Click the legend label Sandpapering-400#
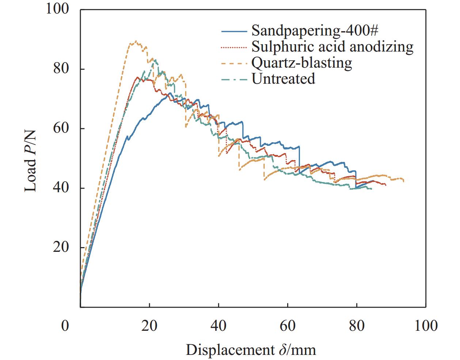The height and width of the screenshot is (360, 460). click(314, 30)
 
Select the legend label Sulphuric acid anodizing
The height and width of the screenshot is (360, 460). click(332, 46)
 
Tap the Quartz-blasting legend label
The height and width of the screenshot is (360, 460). click(301, 62)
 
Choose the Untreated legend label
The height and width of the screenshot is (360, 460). click(283, 78)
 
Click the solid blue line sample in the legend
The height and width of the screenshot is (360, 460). click(234, 31)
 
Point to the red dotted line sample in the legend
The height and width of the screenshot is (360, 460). click(234, 47)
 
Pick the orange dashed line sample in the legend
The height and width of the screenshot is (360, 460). click(234, 63)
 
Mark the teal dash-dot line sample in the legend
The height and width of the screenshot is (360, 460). click(234, 79)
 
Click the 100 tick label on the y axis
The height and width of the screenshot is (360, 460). click(57, 9)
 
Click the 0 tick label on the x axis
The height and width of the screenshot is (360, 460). click(65, 325)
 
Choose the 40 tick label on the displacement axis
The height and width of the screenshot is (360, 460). click(218, 325)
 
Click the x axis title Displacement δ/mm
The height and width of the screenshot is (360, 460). click(251, 350)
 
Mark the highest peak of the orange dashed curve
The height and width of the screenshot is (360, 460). click(136, 41)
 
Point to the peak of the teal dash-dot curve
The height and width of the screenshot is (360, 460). click(155, 60)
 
